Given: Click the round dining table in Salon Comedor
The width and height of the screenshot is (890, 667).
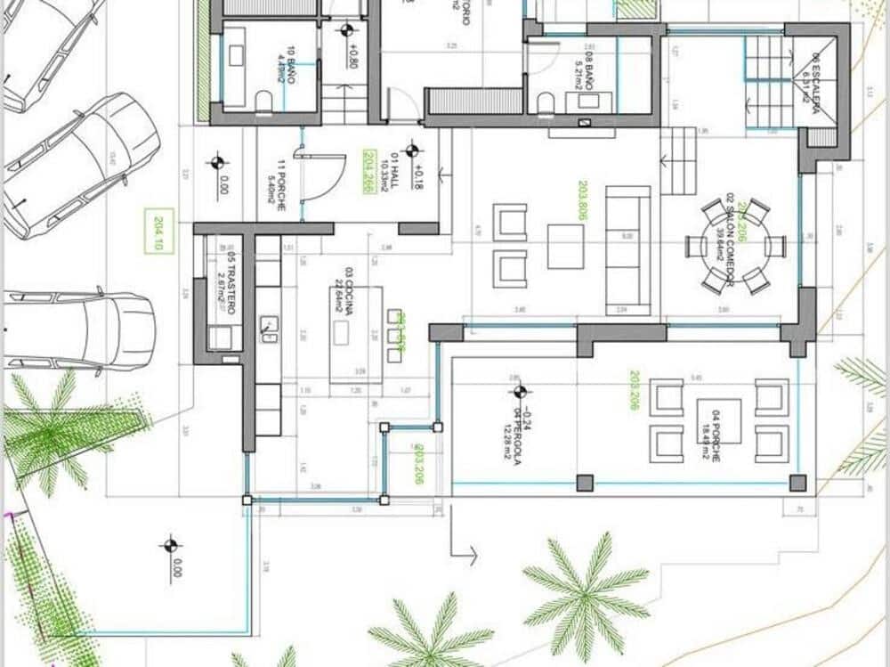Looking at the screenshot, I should (736, 247).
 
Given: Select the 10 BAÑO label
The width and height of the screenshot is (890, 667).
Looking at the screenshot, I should (285, 66).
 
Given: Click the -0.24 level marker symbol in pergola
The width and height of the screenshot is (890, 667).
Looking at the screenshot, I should (520, 390).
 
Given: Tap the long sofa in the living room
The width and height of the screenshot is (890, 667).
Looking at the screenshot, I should (627, 249).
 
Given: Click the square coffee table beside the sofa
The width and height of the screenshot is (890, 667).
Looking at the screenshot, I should (565, 246).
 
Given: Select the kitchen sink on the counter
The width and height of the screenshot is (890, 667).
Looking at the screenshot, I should (268, 328).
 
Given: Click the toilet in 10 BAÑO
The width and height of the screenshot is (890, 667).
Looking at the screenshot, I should (264, 102).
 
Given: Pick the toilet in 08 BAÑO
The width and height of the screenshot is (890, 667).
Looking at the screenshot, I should (546, 104).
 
